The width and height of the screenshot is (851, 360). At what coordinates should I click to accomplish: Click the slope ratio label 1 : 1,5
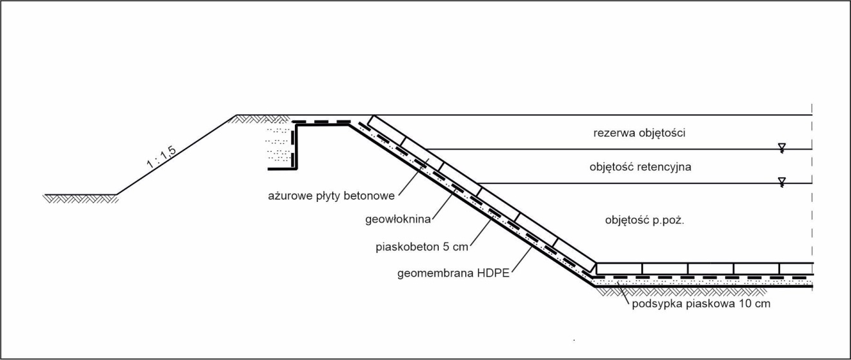[x=161, y=157]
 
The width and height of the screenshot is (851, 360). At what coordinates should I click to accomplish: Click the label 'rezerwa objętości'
[x=639, y=133]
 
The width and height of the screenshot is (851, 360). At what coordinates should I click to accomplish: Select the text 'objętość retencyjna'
[x=640, y=167]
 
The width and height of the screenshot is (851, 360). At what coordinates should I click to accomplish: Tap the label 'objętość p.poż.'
[x=645, y=220]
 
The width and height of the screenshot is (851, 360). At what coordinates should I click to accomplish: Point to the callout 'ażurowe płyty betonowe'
[x=331, y=196]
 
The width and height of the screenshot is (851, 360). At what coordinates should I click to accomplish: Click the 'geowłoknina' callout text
[x=398, y=219]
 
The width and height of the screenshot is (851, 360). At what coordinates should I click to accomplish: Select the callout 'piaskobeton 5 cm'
[x=422, y=247]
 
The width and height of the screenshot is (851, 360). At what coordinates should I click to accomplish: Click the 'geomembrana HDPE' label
[x=453, y=274]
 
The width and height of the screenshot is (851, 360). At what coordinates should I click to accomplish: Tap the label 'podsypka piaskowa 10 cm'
[x=701, y=304]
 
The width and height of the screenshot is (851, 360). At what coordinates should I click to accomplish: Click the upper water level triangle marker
[x=781, y=147]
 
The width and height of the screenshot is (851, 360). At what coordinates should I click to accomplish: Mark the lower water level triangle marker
[x=781, y=181]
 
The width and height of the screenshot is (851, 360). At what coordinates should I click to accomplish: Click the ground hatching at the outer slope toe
[x=81, y=199]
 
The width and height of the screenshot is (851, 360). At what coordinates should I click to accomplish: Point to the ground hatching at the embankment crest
[x=261, y=119]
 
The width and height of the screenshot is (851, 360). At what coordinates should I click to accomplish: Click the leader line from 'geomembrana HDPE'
[x=521, y=259]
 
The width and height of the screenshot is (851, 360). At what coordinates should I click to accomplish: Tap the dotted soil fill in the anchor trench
[x=279, y=145]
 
